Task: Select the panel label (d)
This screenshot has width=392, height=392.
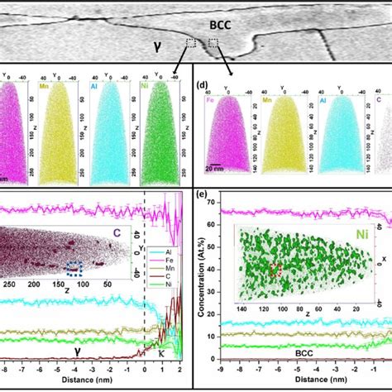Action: [202, 84]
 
